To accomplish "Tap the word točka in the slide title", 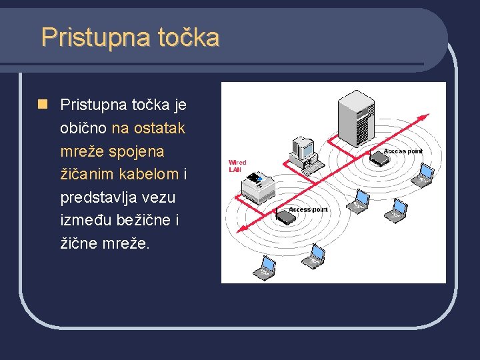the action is pyautogui.click(x=188, y=37).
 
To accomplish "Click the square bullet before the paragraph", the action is pyautogui.click(x=43, y=104).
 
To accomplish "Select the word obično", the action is pyautogui.click(x=83, y=128).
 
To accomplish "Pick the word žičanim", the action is pyautogui.click(x=86, y=175).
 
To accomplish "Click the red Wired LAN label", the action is pyautogui.click(x=237, y=166).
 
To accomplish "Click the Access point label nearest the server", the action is pyautogui.click(x=403, y=151).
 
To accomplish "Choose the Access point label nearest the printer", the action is pyautogui.click(x=309, y=209).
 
